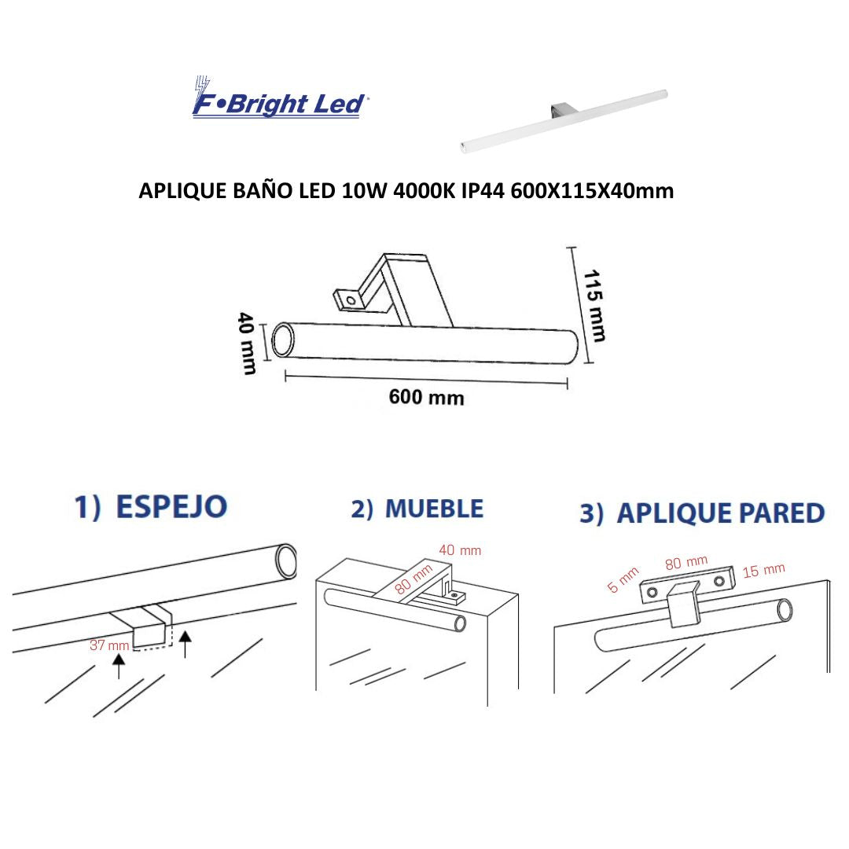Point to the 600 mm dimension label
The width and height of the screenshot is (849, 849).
tap(426, 398)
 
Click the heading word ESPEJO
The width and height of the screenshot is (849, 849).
tap(171, 507)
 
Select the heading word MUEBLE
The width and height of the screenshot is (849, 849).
tap(434, 509)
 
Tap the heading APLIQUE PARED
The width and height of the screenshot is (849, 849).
tap(720, 513)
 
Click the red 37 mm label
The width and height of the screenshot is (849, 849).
tap(109, 645)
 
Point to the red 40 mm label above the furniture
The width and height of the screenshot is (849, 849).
tap(460, 550)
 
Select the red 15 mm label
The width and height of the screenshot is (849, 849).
tap(763, 570)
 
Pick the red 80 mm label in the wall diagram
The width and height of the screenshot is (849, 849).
tap(686, 563)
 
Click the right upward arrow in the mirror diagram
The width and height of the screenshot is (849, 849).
tap(186, 643)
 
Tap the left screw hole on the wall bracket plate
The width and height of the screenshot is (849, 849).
tap(652, 590)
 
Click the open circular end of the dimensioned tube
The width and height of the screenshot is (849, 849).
tap(282, 341)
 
